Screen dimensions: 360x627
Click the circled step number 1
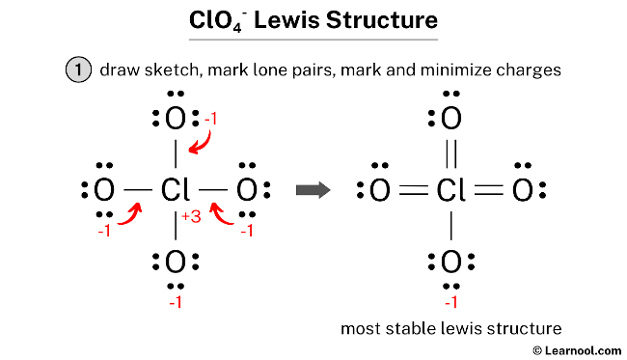(x=77, y=70)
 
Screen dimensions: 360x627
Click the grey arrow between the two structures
(x=311, y=190)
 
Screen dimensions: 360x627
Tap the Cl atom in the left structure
(x=175, y=190)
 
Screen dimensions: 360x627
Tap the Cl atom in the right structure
(x=450, y=190)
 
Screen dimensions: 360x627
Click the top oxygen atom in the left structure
(x=175, y=121)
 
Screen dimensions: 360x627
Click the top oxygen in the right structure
(x=450, y=121)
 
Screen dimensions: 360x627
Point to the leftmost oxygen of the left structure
(x=104, y=190)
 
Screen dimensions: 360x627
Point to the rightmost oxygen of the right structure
(x=522, y=190)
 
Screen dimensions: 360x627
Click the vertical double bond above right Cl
(x=450, y=154)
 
